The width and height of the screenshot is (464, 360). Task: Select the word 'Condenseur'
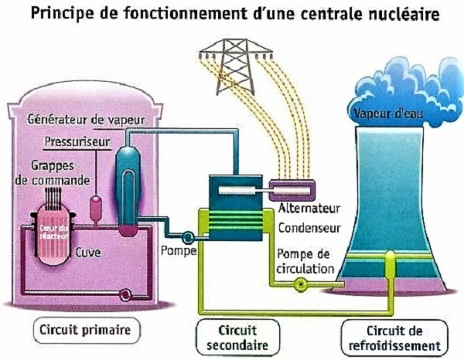coord(304,228)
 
